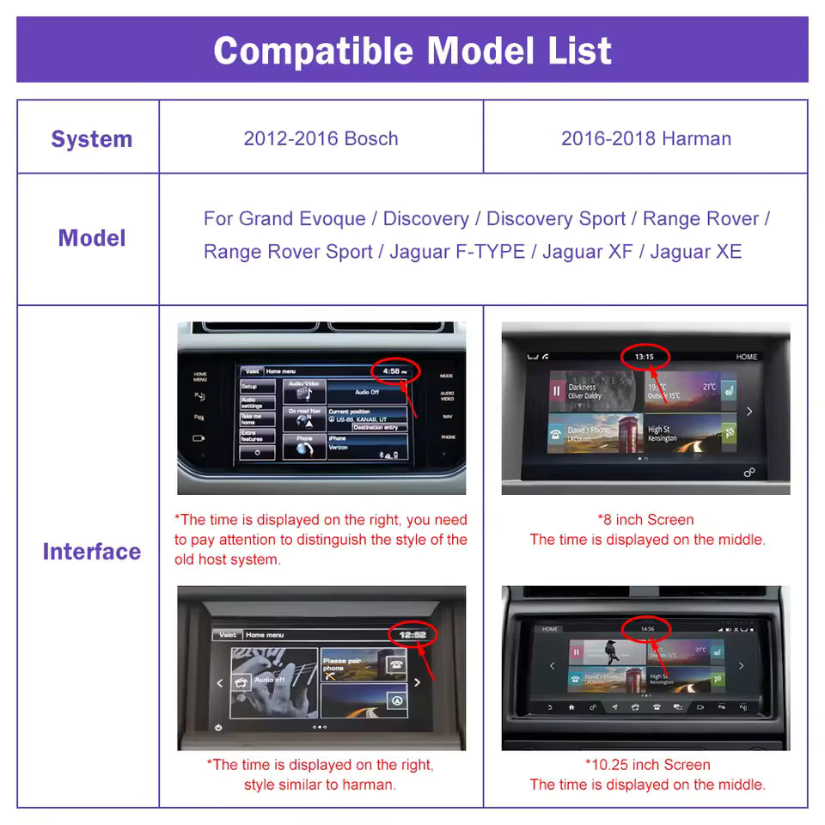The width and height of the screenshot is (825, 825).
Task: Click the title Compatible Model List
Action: (412, 51)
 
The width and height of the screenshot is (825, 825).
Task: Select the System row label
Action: (91, 139)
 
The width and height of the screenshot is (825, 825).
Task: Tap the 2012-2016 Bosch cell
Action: (321, 138)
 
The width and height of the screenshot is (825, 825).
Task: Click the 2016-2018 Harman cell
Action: (645, 138)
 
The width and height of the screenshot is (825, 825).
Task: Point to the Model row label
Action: (92, 238)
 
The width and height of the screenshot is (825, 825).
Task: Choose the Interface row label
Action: (91, 552)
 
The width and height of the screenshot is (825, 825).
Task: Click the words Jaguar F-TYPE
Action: (456, 252)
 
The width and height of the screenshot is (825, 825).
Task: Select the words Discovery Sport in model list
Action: (555, 219)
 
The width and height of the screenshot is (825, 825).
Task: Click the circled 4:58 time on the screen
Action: (394, 371)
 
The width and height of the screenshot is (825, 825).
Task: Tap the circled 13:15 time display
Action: (644, 356)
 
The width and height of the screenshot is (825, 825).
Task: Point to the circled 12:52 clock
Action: (412, 634)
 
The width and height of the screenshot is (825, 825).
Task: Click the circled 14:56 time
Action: (647, 628)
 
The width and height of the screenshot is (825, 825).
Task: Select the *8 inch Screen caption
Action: (645, 519)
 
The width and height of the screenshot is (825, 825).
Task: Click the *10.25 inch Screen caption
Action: (647, 764)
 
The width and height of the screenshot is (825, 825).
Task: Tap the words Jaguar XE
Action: (695, 252)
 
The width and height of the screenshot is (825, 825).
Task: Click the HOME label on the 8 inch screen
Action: (746, 357)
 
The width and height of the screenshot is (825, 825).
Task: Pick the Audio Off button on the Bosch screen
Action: (367, 392)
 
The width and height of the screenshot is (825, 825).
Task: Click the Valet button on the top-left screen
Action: (251, 371)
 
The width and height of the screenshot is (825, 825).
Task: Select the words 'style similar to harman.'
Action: (319, 785)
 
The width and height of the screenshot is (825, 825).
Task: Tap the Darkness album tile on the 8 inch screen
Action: (593, 392)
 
